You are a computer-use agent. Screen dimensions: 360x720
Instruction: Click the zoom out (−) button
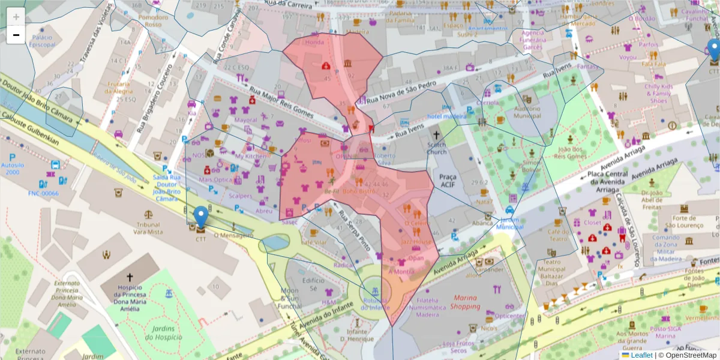(x=16, y=35)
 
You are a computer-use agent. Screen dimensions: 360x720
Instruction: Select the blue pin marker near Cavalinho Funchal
(x=713, y=50)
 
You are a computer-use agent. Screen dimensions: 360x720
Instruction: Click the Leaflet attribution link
(x=641, y=355)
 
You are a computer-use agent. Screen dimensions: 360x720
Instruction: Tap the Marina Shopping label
(x=466, y=302)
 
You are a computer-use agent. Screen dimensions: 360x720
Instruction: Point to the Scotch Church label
(x=437, y=148)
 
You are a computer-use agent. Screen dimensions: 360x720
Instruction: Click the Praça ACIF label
(x=448, y=181)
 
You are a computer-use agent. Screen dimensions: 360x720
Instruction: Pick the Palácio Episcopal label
(x=43, y=41)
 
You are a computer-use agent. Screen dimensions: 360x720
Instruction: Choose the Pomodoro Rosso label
(x=154, y=21)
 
